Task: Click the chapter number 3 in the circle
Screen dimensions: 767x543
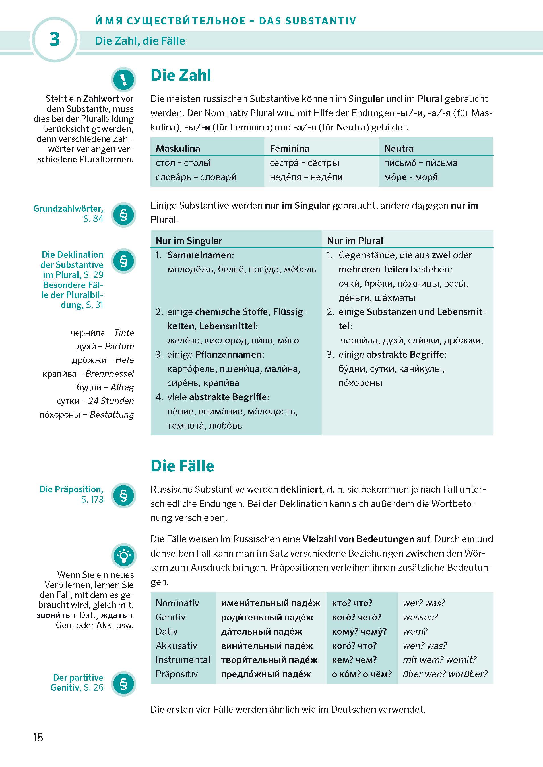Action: (55, 39)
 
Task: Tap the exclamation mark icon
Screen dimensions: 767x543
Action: (123, 80)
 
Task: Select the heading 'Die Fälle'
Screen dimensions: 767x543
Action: (182, 466)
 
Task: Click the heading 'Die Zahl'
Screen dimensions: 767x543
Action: (181, 75)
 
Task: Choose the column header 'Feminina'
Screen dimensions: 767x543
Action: (289, 148)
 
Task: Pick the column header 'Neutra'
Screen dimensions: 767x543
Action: (399, 148)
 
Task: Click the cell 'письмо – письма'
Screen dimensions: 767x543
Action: (421, 163)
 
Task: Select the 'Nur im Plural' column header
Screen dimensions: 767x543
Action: (355, 241)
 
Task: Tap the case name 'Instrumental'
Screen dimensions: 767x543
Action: (183, 660)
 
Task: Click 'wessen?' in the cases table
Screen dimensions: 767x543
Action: (420, 617)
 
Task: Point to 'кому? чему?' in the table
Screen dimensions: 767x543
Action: (359, 631)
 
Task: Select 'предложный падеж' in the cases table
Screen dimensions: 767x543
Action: (266, 674)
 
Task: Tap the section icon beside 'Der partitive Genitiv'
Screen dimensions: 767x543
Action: (123, 684)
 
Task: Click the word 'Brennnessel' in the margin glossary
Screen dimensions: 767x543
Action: (110, 374)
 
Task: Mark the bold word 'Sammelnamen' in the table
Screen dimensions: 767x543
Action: (199, 255)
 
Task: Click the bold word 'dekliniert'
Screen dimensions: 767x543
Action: (301, 489)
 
